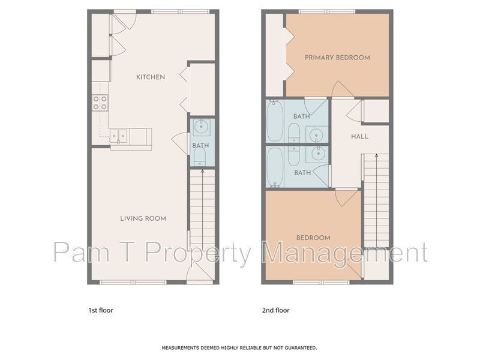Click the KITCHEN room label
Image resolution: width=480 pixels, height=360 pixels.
[x=151, y=77]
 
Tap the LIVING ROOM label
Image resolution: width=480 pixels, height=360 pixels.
[x=143, y=218]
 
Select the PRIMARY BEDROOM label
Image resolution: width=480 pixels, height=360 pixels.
[x=337, y=57]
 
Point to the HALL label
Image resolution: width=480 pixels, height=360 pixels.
[x=359, y=136]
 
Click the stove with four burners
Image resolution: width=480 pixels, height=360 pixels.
[x=100, y=103]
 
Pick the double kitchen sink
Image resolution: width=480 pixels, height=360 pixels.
[x=118, y=136]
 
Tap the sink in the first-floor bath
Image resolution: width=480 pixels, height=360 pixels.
[x=201, y=127]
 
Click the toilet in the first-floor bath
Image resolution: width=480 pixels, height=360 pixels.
[x=200, y=157]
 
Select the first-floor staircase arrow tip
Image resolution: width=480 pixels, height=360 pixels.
[x=202, y=171]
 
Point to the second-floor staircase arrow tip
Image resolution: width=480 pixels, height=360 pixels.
[x=377, y=155]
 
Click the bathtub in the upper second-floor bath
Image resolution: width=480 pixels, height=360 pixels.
[x=275, y=121]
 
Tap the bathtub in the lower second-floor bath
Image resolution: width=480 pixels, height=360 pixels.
[x=275, y=167]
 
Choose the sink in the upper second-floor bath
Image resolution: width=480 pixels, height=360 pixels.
[x=316, y=134]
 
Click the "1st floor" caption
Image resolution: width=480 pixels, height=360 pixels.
[x=101, y=310]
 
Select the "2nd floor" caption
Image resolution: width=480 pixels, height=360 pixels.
[x=275, y=310]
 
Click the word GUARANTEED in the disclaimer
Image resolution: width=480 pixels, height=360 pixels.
[x=301, y=348]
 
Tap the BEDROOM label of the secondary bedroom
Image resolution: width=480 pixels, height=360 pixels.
[x=313, y=238]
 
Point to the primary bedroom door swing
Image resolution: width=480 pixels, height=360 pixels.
[x=343, y=89]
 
